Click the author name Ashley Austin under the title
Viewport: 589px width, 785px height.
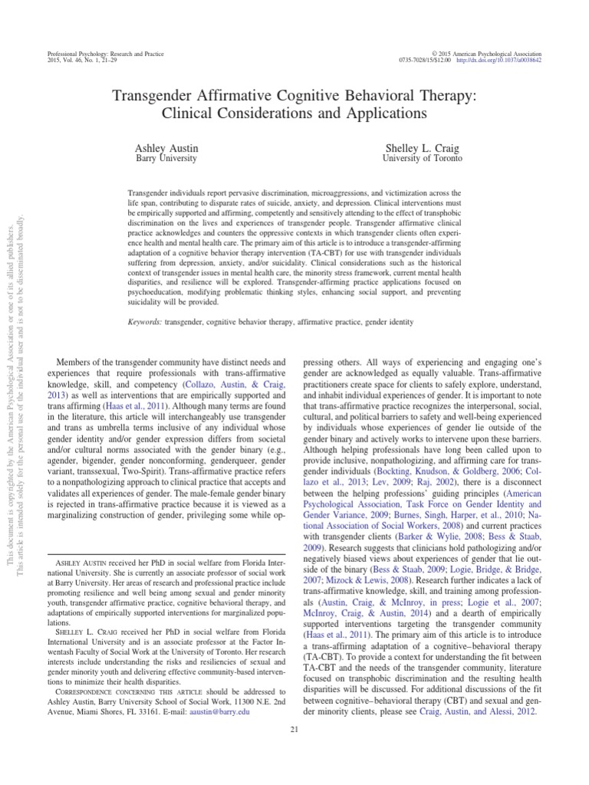(x=166, y=146)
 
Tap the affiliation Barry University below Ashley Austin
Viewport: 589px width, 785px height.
(x=166, y=159)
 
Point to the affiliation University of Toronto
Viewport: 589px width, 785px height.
(x=422, y=159)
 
